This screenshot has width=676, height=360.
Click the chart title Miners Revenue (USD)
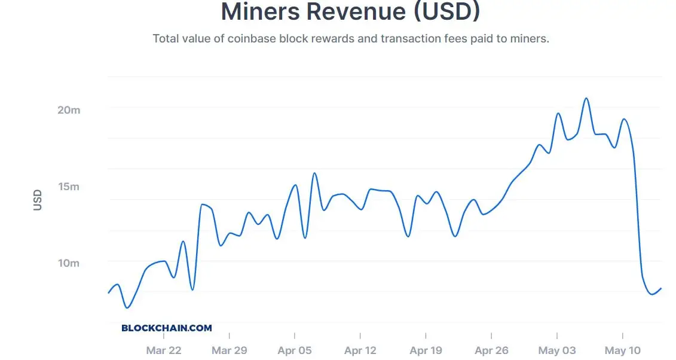[350, 12]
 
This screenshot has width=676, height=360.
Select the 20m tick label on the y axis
[68, 110]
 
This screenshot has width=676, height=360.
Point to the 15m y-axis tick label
[68, 187]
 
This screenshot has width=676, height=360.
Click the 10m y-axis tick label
[68, 263]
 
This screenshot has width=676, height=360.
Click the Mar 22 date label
[164, 350]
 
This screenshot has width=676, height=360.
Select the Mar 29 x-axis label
[230, 350]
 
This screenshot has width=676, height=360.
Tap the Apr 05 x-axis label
[295, 350]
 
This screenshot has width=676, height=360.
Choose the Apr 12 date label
[360, 350]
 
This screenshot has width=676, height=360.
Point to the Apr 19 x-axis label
[426, 350]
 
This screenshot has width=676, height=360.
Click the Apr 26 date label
[491, 350]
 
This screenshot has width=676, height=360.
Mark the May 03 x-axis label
[557, 350]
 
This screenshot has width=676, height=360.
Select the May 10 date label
[622, 350]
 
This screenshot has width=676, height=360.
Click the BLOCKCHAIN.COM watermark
[167, 328]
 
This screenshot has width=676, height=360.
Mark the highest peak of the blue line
[586, 98]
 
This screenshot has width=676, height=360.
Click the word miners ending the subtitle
[528, 39]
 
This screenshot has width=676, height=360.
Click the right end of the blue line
[661, 288]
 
